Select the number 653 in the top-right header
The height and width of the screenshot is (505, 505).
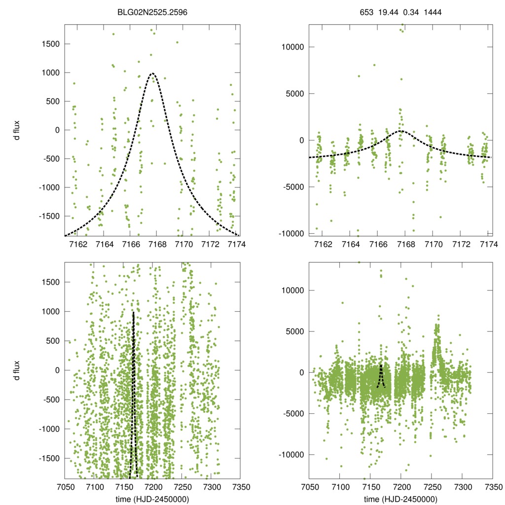pos(366,10)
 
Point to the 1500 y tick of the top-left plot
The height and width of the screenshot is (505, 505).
pos(49,44)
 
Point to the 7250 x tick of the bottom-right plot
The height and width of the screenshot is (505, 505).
pos(432,486)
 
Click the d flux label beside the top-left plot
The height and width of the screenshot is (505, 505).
pos(18,130)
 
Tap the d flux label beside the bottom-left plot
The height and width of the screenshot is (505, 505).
pos(18,370)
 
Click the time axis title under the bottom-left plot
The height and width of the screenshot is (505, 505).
pos(153,499)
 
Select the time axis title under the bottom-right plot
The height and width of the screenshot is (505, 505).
pos(400,499)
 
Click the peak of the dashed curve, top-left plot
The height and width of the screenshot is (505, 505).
pos(153,73)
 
